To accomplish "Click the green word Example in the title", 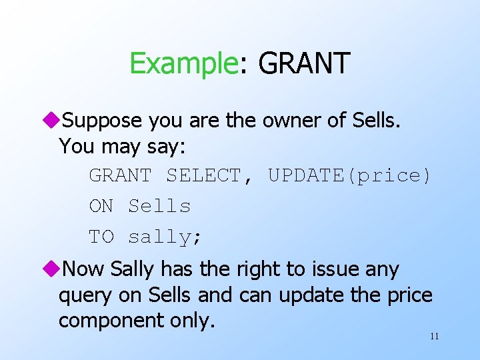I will click(183, 64).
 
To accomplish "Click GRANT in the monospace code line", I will click(120, 176).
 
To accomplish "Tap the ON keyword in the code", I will click(101, 207).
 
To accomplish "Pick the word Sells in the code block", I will click(159, 207).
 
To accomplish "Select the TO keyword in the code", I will click(101, 237).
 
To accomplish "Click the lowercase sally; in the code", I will click(165, 237).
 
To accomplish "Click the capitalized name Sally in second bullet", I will click(132, 270).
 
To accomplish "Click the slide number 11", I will click(434, 336).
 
